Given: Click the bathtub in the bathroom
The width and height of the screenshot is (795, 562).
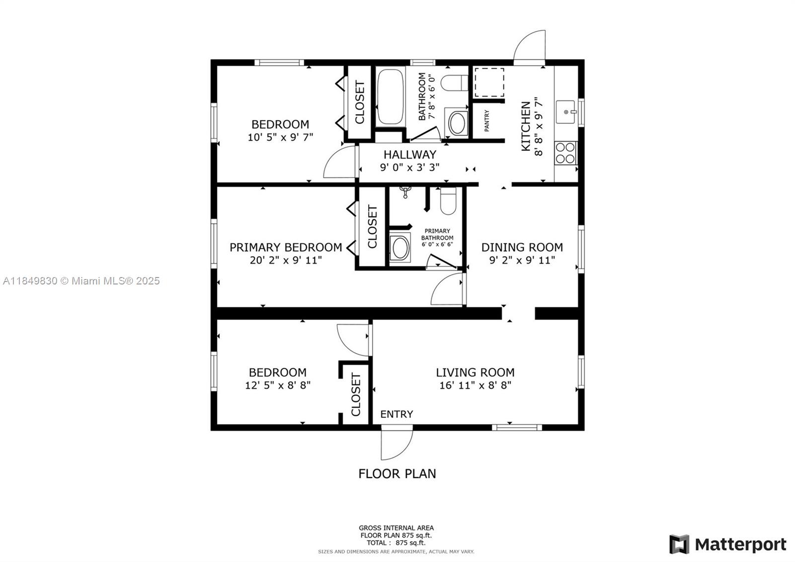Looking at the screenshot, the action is tap(390, 96).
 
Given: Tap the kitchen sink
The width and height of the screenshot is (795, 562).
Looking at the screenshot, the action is tap(566, 112).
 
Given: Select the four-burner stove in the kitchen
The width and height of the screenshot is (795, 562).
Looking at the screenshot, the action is tap(565, 153).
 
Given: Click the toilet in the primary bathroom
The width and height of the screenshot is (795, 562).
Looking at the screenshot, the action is tap(448, 201).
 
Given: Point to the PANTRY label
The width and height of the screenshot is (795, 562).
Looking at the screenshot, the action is tap(486, 121).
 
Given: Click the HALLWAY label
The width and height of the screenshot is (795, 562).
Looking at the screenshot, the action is tap(410, 155).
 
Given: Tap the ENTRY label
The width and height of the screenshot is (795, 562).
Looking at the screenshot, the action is tap(397, 414).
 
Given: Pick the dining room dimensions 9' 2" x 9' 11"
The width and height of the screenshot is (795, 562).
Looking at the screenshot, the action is tap(522, 261).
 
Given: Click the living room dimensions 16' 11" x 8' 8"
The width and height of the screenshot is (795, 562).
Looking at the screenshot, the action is tap(475, 385).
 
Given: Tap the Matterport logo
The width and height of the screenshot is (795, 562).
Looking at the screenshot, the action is tap(727, 544).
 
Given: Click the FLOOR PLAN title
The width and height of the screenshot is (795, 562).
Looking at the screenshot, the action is tap(397, 473).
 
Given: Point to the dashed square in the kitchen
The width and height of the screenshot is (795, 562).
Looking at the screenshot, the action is tap(489, 83).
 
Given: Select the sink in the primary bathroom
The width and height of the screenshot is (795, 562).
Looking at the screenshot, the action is tap(400, 248).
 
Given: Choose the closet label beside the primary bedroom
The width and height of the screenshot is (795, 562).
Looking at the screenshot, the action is tap(372, 227).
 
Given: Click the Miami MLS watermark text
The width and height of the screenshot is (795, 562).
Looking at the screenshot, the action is tap(81, 281).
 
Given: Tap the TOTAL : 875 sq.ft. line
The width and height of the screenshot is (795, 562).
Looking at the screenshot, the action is tap(396, 543).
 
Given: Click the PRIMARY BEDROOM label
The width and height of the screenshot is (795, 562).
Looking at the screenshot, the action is tap(286, 247).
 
